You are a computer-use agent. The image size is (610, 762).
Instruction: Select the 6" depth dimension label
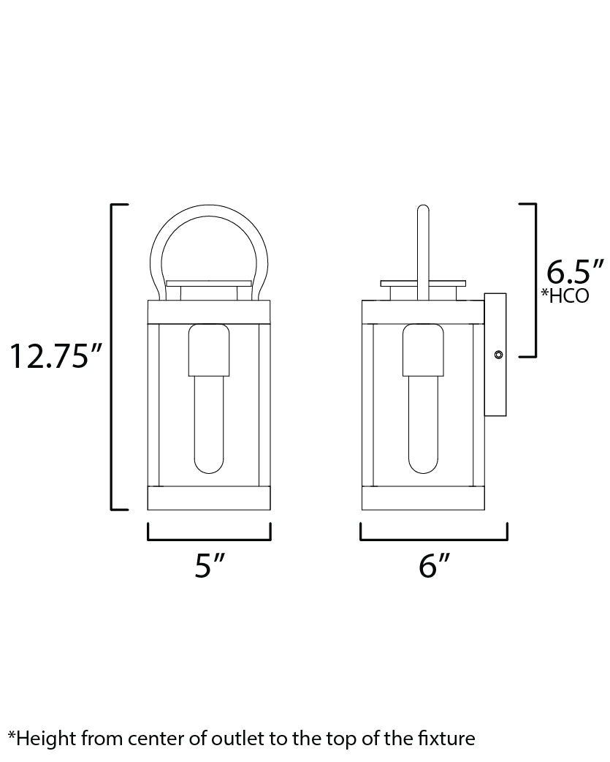[434, 566]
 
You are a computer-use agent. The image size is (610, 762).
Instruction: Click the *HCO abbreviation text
[564, 298]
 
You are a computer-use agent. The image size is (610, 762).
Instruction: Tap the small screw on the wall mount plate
[498, 355]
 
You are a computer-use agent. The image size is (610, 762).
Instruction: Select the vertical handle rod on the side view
[422, 249]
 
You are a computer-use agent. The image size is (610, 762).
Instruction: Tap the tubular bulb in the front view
[209, 424]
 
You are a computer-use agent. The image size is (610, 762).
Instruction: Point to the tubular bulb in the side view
[422, 424]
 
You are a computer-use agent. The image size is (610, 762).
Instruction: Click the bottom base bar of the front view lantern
[209, 498]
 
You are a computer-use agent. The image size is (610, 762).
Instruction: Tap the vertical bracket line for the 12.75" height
[112, 356]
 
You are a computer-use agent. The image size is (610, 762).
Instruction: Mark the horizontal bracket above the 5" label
[209, 540]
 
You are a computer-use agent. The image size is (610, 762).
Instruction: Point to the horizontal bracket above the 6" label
[434, 540]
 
